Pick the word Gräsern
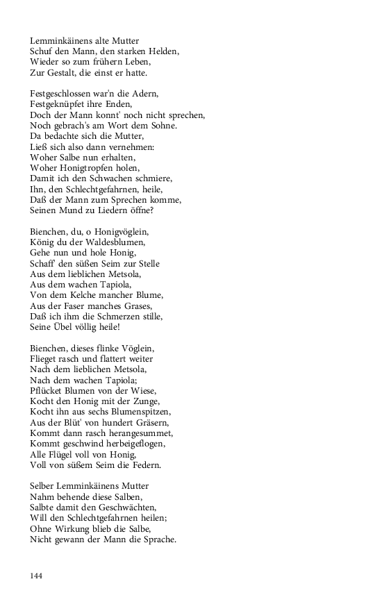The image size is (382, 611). [x=150, y=421]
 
